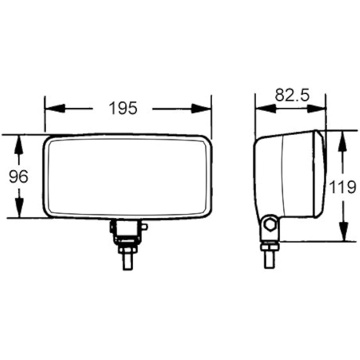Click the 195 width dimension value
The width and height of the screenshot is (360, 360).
(123, 108)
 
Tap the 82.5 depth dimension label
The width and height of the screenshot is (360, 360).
(292, 95)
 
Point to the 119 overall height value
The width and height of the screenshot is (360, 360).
(343, 187)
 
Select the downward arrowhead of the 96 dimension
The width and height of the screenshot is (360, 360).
(19, 208)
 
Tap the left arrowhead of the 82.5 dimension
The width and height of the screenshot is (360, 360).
(265, 108)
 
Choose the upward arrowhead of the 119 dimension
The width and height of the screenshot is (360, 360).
(343, 140)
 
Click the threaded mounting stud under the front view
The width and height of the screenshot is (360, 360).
(127, 261)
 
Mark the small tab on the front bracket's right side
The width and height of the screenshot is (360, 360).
(145, 227)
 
